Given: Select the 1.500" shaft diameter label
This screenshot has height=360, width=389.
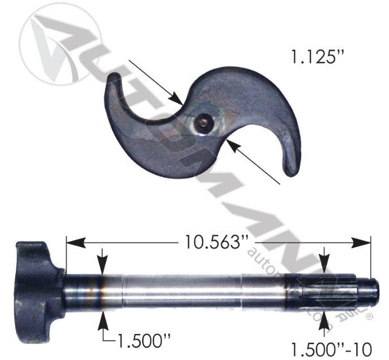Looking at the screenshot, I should (x=143, y=341).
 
